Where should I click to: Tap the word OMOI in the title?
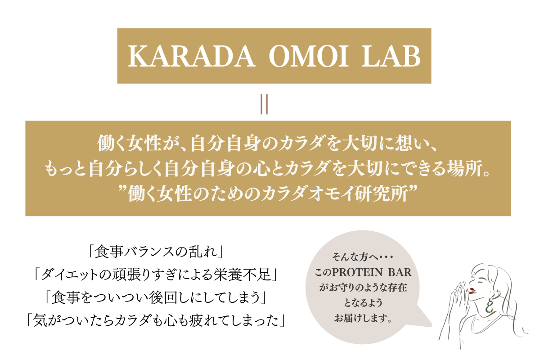(x=309, y=56)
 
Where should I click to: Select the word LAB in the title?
(x=391, y=56)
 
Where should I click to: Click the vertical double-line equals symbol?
(x=264, y=104)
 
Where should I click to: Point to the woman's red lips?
(x=472, y=290)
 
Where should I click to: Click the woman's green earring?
(x=490, y=306)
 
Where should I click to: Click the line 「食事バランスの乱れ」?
(x=155, y=252)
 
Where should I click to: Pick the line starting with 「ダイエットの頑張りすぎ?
(x=155, y=274)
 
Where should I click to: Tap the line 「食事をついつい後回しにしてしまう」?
(x=155, y=297)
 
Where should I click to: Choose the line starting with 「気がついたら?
(x=155, y=320)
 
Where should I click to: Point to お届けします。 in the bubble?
(x=363, y=318)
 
